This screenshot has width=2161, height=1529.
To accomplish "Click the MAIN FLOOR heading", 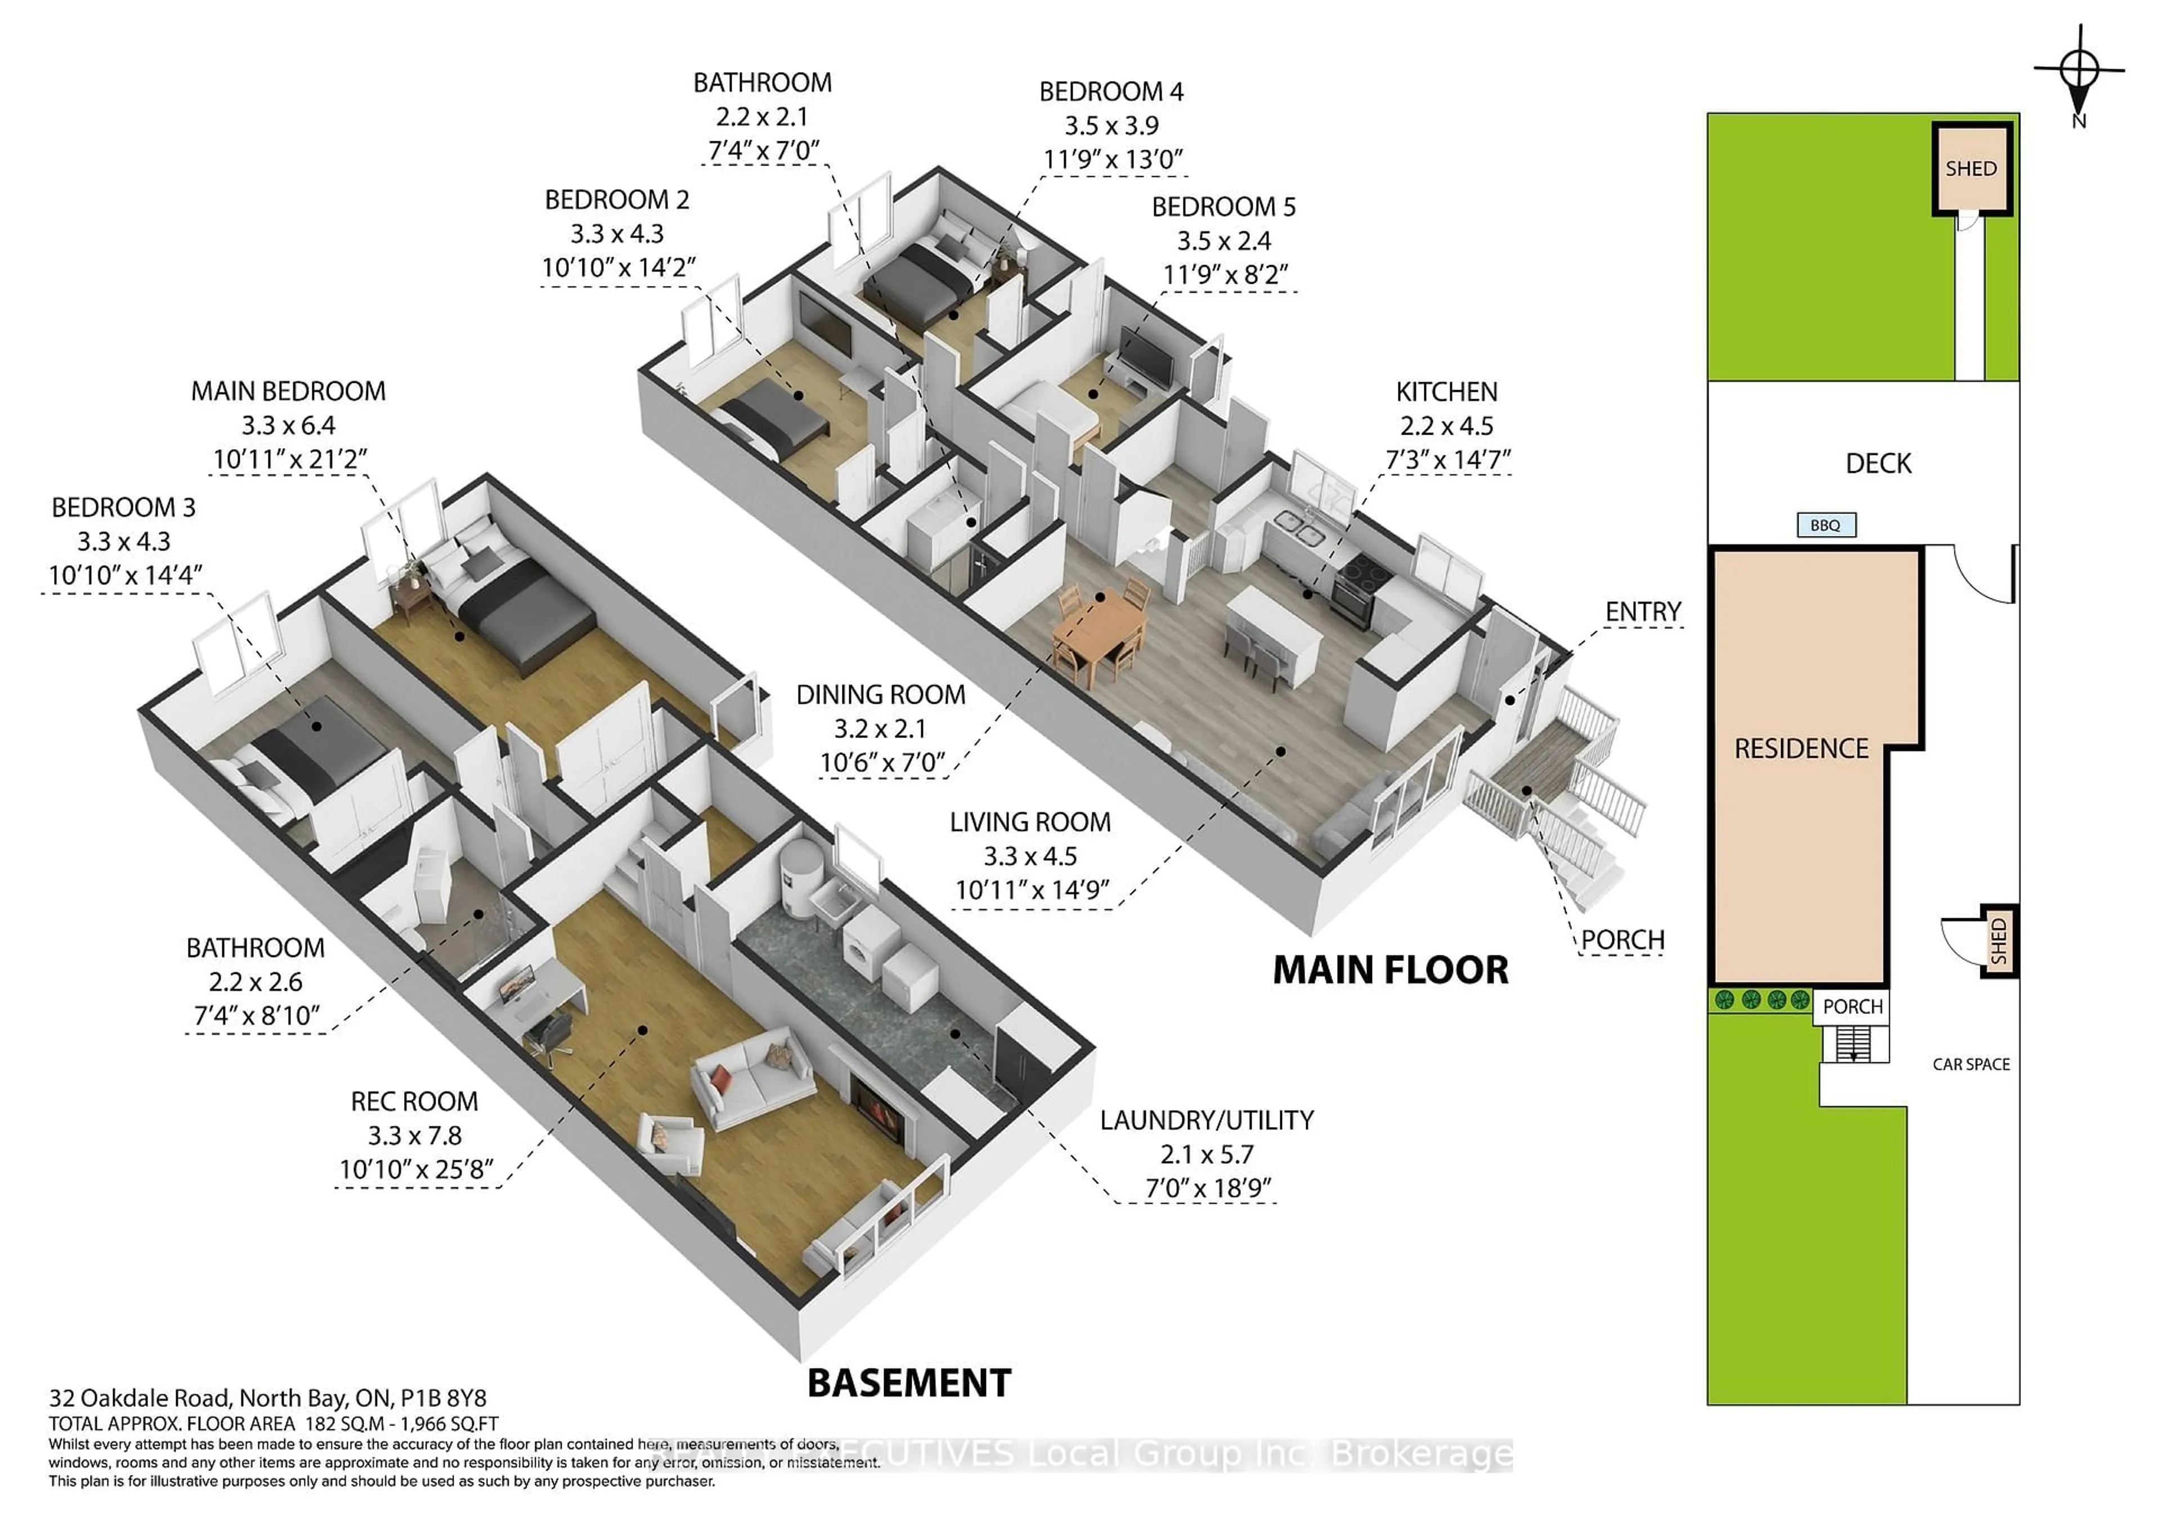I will [x=1389, y=970].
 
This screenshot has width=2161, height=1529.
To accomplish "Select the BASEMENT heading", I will [x=909, y=1383].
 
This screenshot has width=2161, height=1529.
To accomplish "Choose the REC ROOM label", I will [x=414, y=1102].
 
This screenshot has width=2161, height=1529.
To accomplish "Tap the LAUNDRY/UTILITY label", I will [x=1207, y=1120].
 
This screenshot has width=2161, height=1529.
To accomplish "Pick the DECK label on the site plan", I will [x=1878, y=463].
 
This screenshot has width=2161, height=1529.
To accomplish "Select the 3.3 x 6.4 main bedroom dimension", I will [x=288, y=426].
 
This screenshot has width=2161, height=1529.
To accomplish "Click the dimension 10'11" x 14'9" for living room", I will [x=1032, y=889].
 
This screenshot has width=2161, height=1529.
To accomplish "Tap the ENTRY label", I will [x=1642, y=612].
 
